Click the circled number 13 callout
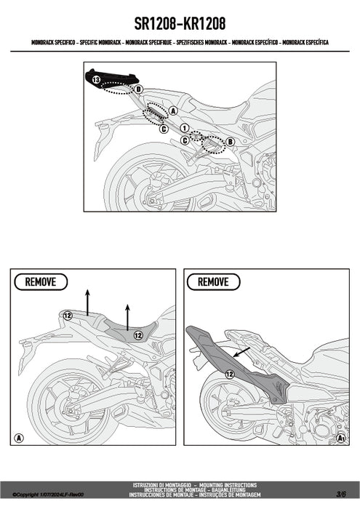tap(96, 76)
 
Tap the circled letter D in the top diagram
tap(138, 89)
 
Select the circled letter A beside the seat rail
tap(173, 111)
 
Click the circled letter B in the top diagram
tap(230, 141)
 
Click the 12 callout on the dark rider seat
tap(137, 335)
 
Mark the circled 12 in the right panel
tap(229, 374)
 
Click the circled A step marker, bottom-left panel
tap(19, 438)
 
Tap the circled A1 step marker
tap(340, 438)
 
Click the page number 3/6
tap(342, 494)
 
